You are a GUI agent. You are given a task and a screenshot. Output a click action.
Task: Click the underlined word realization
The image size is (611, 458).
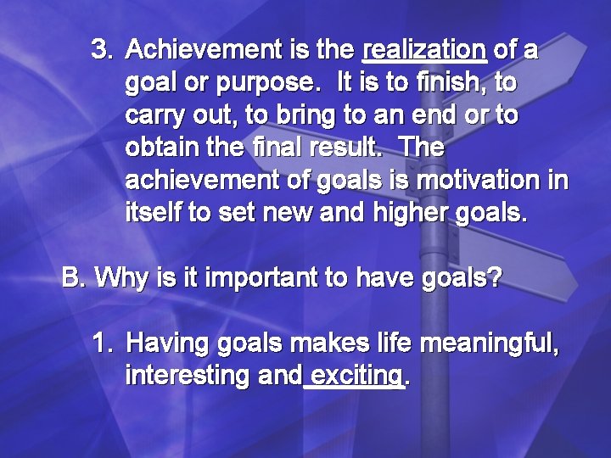click(423, 51)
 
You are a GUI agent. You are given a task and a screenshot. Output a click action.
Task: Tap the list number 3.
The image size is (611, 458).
click(101, 50)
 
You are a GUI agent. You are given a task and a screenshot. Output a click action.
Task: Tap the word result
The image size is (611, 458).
click(349, 148)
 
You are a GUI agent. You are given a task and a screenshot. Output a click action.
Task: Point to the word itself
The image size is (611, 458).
click(154, 212)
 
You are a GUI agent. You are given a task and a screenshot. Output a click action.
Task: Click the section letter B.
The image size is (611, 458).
click(73, 277)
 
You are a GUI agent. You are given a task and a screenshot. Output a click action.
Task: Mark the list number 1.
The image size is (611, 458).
click(101, 343)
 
